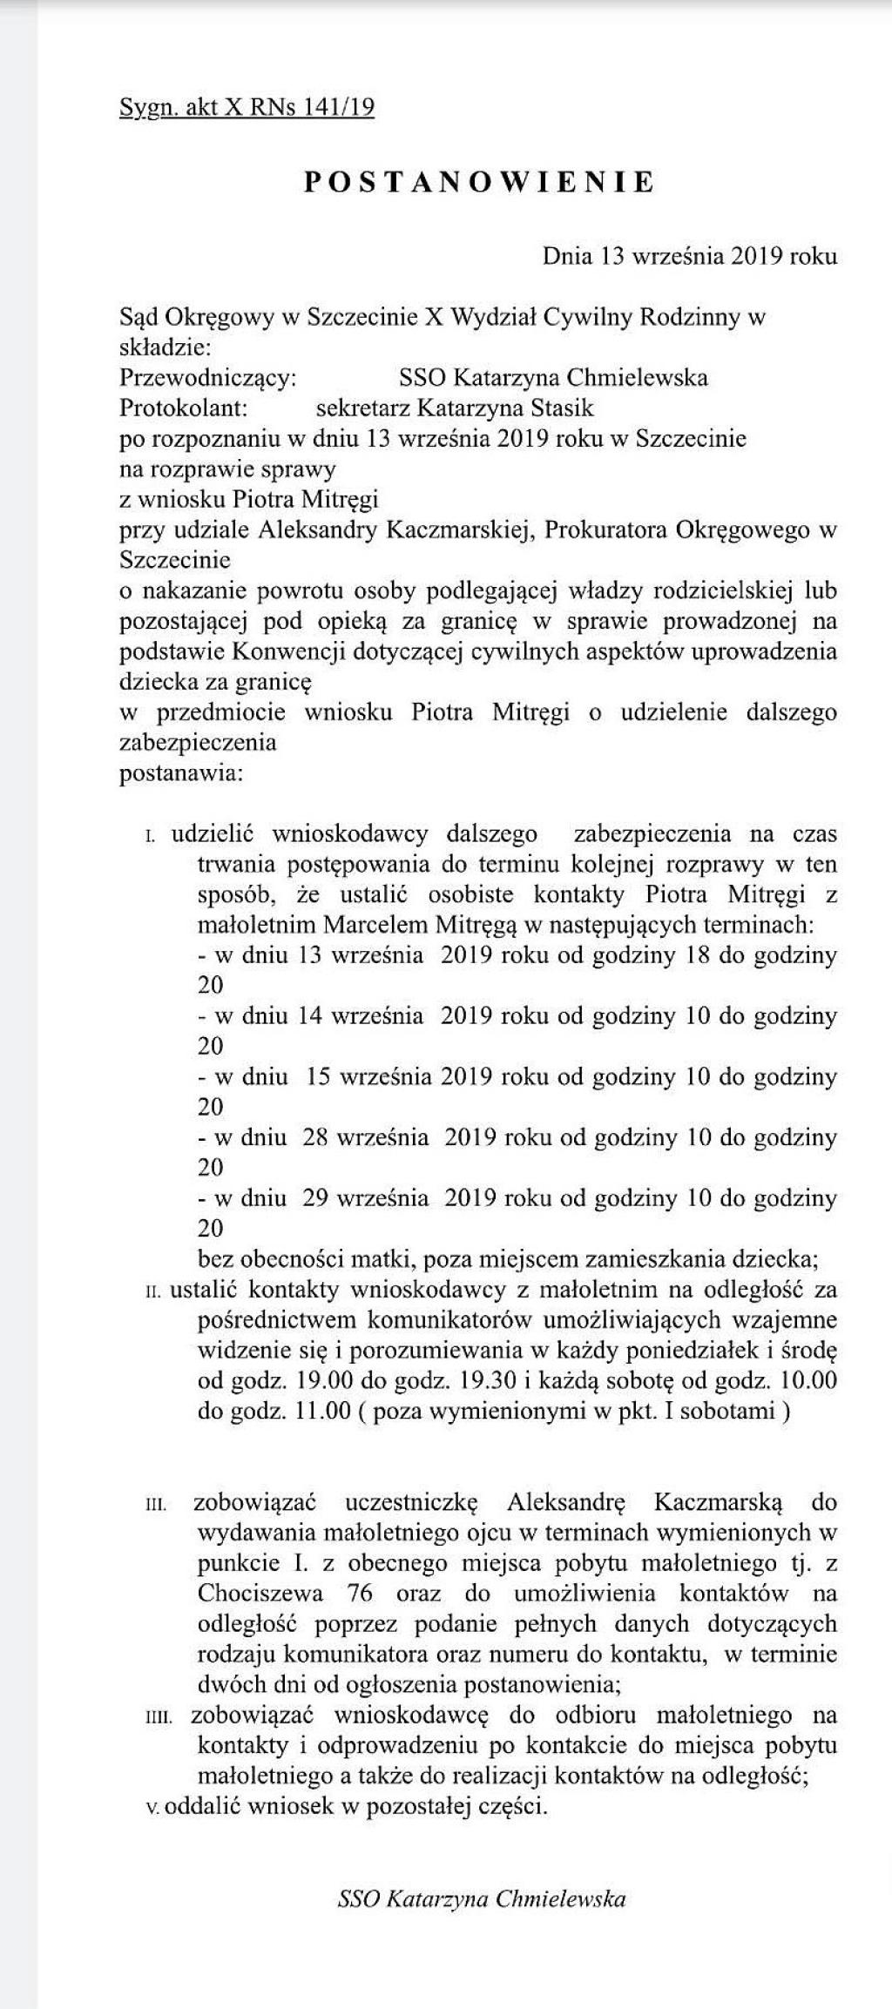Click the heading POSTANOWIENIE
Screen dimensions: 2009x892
click(479, 181)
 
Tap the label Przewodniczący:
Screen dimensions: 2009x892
click(208, 377)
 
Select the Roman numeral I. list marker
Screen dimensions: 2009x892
click(150, 836)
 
